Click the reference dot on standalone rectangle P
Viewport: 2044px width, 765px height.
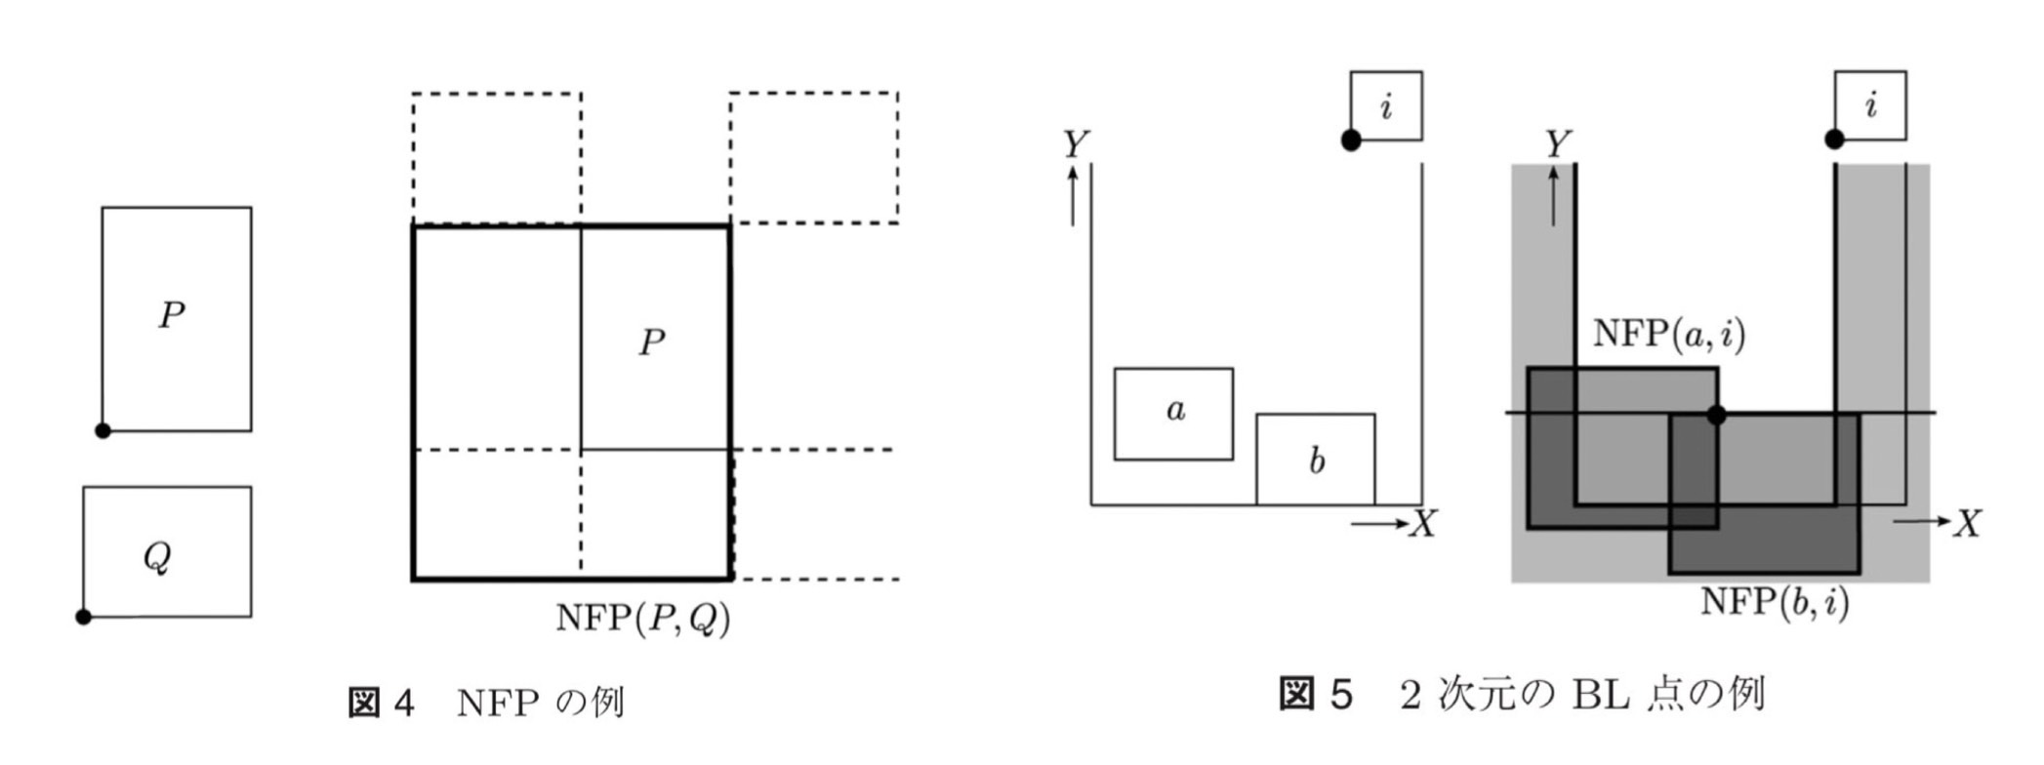click(x=102, y=430)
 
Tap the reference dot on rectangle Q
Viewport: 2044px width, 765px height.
click(x=84, y=617)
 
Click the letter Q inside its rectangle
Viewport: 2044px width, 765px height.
click(x=157, y=556)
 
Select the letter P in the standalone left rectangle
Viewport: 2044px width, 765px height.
click(x=172, y=315)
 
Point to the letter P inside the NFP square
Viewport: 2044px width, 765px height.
click(x=652, y=342)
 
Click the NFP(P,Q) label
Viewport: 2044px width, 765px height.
click(x=642, y=619)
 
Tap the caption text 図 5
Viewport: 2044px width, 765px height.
click(x=1316, y=695)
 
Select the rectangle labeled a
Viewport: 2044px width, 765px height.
click(x=1173, y=414)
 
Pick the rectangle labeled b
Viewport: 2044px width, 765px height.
click(x=1315, y=459)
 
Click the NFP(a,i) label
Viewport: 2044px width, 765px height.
click(x=1668, y=335)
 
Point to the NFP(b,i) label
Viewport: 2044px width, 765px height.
click(x=1775, y=601)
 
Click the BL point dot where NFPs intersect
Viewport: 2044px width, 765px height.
click(x=1716, y=415)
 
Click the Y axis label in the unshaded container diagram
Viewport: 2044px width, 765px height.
click(x=1075, y=144)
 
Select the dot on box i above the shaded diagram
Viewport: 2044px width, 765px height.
click(x=1834, y=140)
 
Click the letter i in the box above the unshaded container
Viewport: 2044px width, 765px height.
click(x=1385, y=105)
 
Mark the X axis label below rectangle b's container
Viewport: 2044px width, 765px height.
click(x=1424, y=524)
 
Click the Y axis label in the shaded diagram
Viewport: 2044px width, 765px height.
click(x=1558, y=144)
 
